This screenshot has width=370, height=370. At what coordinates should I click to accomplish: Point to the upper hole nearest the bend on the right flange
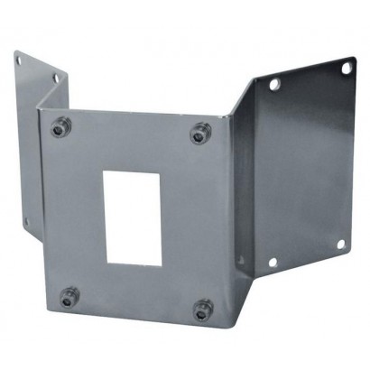(274, 84)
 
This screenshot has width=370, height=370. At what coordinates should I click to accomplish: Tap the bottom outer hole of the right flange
(341, 245)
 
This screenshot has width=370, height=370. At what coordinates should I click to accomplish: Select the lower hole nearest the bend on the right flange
(273, 263)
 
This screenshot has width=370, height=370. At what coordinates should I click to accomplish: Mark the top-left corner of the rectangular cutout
(106, 171)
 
